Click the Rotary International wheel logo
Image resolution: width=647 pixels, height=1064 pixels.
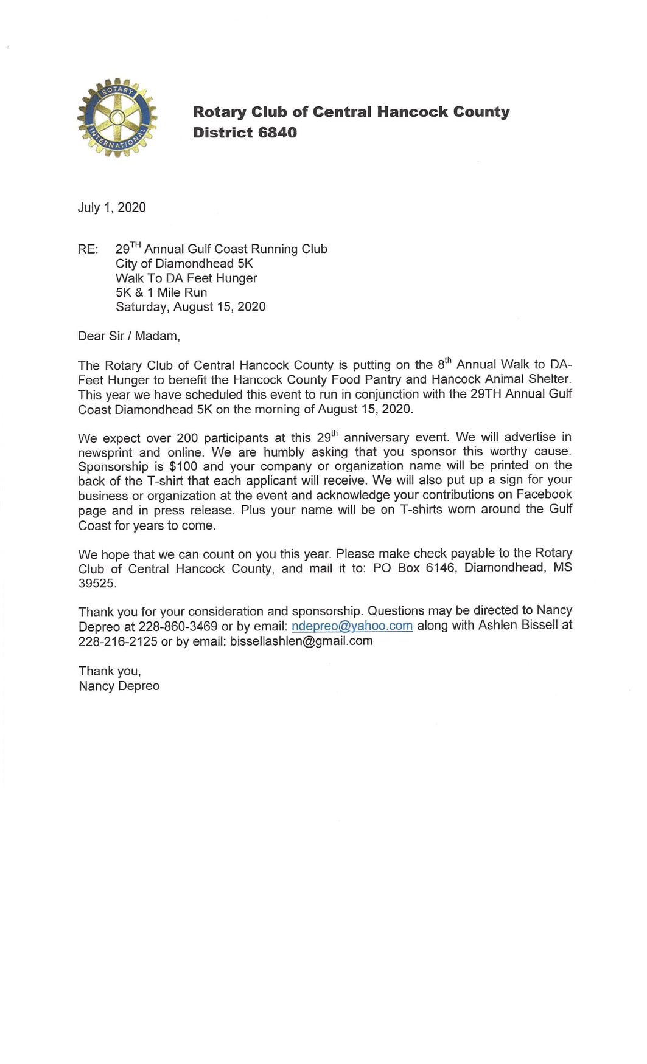[x=117, y=118]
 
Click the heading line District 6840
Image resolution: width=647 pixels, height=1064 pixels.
[x=245, y=133]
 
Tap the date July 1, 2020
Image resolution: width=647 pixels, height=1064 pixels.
[x=111, y=207]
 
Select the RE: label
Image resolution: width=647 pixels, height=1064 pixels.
[x=88, y=249]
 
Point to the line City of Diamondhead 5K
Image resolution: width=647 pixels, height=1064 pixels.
[x=184, y=263]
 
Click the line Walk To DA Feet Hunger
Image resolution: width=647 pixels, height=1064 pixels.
[x=186, y=278]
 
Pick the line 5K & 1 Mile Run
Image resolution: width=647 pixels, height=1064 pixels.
[x=161, y=292]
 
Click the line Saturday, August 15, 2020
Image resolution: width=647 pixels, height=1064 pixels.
[x=191, y=307]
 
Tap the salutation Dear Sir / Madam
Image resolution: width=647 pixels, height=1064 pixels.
[x=129, y=336]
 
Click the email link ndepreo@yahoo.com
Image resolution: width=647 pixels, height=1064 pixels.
[x=352, y=626]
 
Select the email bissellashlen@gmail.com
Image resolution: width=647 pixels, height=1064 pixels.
[x=301, y=641]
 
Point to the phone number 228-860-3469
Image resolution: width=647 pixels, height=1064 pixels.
[x=178, y=626]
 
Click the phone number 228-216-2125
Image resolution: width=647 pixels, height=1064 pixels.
[x=117, y=641]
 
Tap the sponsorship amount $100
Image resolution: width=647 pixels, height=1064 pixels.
[x=183, y=466]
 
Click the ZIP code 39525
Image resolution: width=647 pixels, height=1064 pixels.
[x=97, y=583]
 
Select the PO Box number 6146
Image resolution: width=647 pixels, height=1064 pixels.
[x=440, y=568]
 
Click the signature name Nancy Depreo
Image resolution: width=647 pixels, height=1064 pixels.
[x=119, y=686]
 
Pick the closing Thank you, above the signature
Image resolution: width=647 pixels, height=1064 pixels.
[x=110, y=671]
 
